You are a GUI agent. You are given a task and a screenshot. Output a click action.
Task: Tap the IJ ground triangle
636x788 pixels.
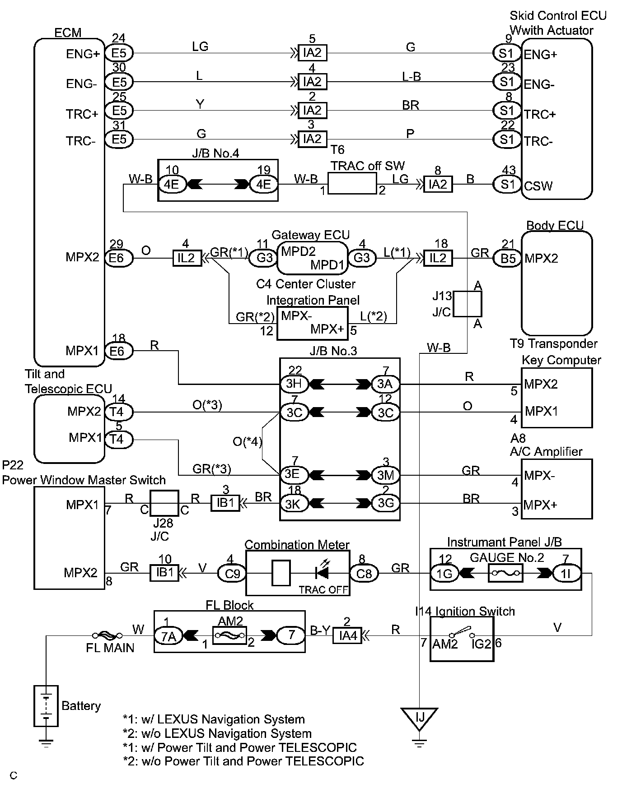420,717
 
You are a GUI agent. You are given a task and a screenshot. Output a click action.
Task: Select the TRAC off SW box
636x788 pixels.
352,183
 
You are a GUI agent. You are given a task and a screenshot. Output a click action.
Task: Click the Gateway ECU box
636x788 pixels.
313,258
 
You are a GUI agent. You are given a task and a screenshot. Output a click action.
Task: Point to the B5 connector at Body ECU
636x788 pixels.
508,259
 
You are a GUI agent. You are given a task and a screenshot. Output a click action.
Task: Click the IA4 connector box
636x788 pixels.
347,636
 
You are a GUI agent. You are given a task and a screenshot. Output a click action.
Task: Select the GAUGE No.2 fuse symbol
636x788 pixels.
505,574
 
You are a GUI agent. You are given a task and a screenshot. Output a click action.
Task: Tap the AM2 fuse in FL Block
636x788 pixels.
229,636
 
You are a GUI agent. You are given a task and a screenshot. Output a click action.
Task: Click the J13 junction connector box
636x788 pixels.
468,304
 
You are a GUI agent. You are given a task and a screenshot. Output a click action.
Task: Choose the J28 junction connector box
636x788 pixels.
164,503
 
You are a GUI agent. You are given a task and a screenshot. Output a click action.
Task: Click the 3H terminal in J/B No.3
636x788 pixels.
295,384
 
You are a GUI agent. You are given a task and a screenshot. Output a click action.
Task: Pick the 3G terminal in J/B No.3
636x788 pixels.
385,503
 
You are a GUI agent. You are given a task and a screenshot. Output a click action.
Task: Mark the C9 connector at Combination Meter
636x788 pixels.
232,574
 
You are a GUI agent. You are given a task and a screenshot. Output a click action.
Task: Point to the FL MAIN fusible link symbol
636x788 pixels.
107,635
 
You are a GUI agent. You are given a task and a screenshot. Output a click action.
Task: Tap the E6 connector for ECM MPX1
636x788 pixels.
118,351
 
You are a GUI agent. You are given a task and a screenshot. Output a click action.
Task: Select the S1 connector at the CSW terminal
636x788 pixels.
507,185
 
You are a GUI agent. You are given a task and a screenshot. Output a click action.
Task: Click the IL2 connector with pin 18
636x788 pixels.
438,259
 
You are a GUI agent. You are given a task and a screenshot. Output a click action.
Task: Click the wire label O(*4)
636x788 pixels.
248,441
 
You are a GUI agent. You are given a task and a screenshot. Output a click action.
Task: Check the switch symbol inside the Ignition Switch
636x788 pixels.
462,632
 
